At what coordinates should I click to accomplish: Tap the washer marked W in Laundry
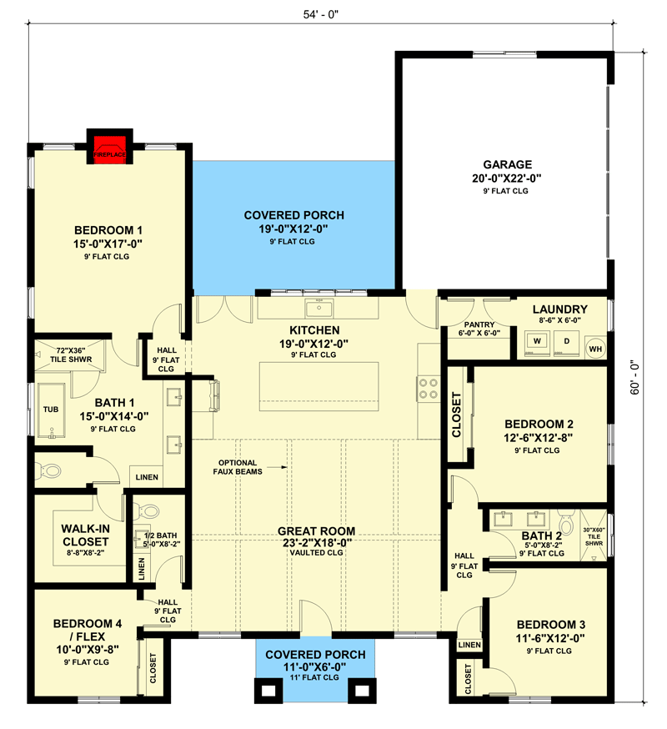[538, 341]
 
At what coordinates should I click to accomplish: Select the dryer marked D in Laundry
[566, 341]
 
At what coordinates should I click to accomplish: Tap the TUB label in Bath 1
[51, 410]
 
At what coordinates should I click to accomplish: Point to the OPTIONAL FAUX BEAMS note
[238, 467]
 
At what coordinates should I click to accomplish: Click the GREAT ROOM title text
[317, 530]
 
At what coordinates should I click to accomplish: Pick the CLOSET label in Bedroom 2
[457, 415]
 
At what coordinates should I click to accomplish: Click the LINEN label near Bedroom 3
[469, 645]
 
